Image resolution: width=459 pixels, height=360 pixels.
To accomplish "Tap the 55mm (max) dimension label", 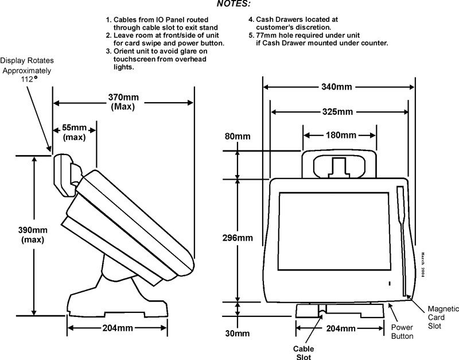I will click(74, 133).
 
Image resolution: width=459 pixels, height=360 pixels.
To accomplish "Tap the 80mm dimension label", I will click(236, 137).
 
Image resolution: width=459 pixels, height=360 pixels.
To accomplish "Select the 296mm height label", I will click(238, 237).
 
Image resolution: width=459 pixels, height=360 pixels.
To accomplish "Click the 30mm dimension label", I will click(237, 333).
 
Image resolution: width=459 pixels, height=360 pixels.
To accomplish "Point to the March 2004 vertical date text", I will click(422, 265).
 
